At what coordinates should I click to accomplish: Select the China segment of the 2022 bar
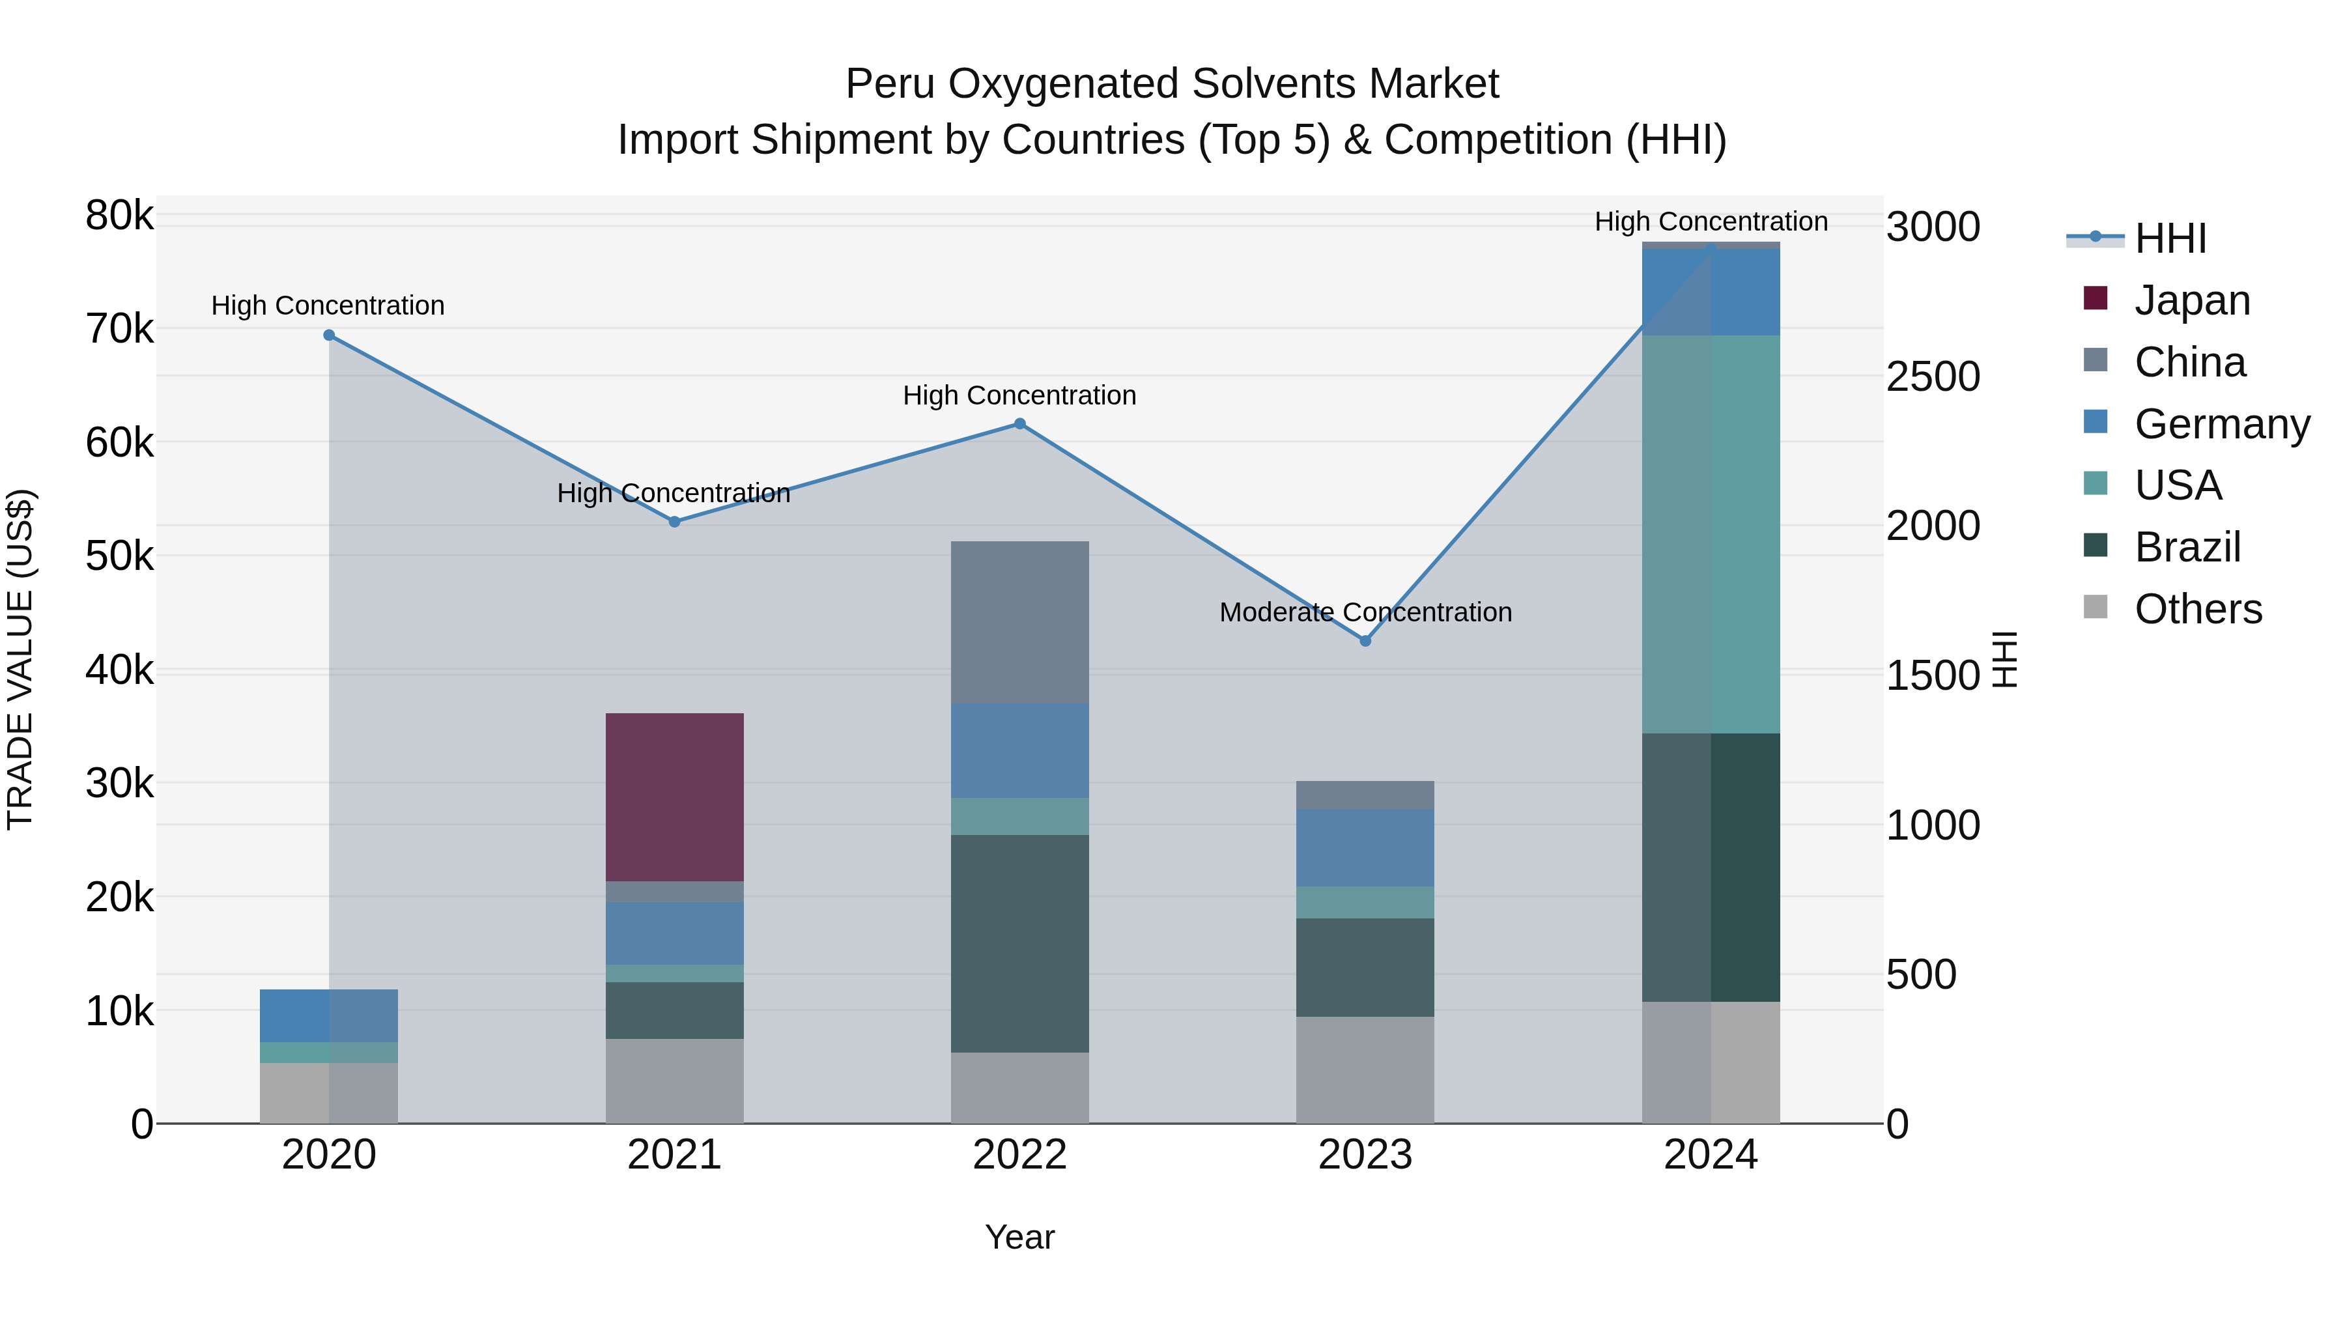pos(1019,622)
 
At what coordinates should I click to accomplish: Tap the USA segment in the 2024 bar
pos(1711,533)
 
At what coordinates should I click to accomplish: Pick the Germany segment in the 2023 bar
pos(1365,847)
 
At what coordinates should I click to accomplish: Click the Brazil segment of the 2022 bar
pos(1019,943)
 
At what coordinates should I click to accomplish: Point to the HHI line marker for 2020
pos(330,335)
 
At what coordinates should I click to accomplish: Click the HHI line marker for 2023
pos(1365,641)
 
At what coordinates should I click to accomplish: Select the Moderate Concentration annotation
pos(1365,613)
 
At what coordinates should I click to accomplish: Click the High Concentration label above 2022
pos(1019,396)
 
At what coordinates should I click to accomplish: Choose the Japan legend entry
pos(2191,300)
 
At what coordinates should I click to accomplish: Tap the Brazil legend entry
pos(2187,547)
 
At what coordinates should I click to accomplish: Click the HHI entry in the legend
pos(2170,238)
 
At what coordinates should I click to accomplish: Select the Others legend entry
pos(2198,609)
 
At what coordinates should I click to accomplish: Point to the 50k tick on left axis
pos(119,556)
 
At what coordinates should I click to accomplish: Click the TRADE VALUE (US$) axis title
pos(20,659)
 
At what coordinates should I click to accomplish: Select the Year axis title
pos(1019,1237)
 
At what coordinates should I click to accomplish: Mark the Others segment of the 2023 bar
pos(1365,1070)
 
